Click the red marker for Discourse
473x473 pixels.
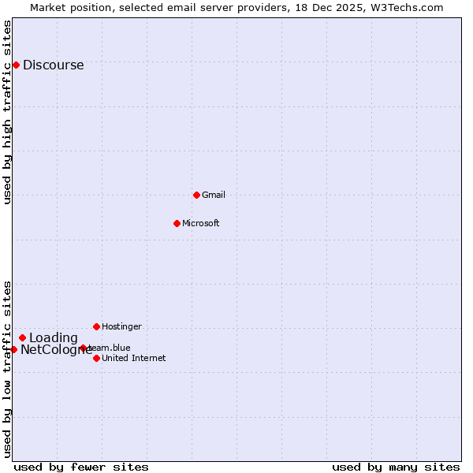point(16,65)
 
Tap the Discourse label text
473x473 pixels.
point(53,65)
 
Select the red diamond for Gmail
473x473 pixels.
point(196,195)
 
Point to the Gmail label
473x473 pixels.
point(213,195)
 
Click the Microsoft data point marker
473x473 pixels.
point(177,223)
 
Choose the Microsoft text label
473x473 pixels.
point(200,223)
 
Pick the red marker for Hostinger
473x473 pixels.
point(96,326)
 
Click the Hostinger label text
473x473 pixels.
point(121,326)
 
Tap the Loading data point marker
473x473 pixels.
point(22,337)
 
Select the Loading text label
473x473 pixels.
point(53,338)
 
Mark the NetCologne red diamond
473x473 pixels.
point(13,349)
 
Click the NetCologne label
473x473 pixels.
point(55,350)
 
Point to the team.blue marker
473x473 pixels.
point(83,348)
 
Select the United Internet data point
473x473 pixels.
point(96,358)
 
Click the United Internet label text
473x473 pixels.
point(133,358)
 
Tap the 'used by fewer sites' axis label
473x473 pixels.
point(81,467)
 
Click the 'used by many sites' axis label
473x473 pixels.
point(395,467)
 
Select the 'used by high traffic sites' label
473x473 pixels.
point(7,112)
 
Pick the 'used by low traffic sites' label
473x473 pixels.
point(7,368)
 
